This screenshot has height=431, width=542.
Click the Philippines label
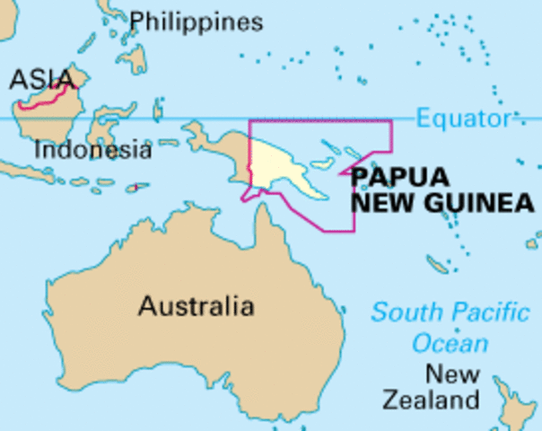[x=197, y=22]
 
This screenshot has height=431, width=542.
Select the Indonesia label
[x=92, y=149]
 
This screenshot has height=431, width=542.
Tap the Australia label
[x=196, y=306]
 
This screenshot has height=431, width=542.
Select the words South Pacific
[x=450, y=313]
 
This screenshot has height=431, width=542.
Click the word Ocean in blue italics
[x=450, y=343]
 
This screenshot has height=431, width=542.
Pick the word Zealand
[x=431, y=400]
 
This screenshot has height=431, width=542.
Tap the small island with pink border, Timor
[x=136, y=188]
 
